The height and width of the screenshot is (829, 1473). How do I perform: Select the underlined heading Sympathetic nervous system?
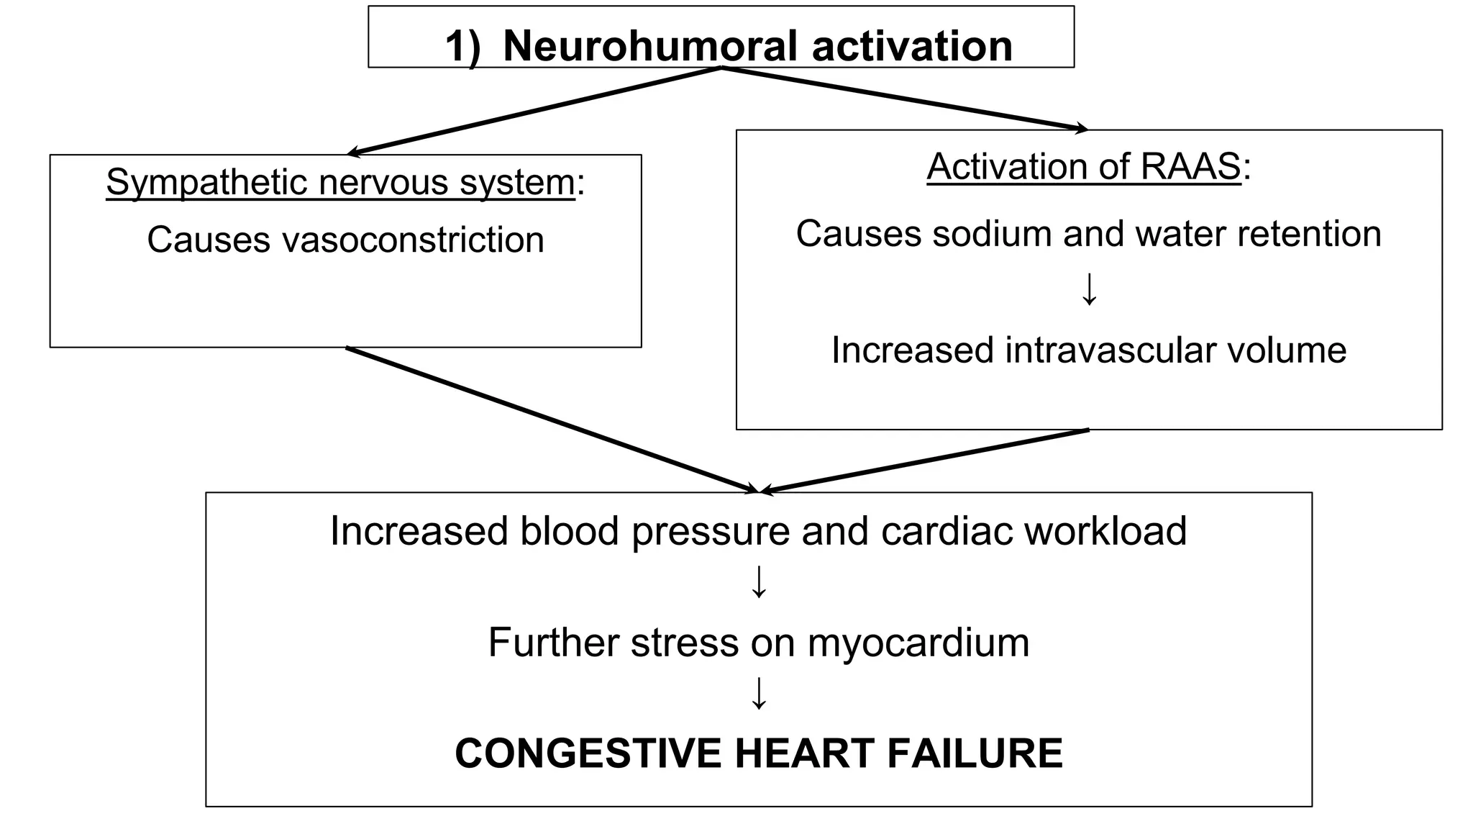pyautogui.click(x=340, y=182)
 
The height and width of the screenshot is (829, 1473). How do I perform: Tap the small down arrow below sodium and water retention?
pyautogui.click(x=1089, y=289)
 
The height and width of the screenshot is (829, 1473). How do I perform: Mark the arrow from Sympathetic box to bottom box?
pyautogui.click(x=552, y=420)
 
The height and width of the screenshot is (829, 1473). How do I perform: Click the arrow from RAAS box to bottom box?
pyautogui.click(x=925, y=461)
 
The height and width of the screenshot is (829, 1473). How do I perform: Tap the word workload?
pyautogui.click(x=1105, y=531)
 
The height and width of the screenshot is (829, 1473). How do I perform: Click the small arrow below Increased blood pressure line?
pyautogui.click(x=759, y=581)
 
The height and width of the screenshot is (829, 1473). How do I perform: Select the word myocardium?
pyautogui.click(x=918, y=642)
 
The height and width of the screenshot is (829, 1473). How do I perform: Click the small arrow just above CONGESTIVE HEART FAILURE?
pyautogui.click(x=759, y=693)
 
